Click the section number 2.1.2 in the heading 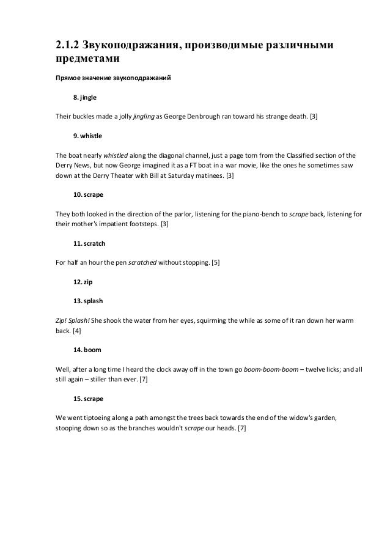65,47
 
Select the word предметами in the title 85,61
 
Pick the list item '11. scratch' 89,243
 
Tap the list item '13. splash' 88,301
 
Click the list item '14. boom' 87,349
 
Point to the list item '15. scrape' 89,398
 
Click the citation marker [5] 216,262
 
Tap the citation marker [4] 76,331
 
